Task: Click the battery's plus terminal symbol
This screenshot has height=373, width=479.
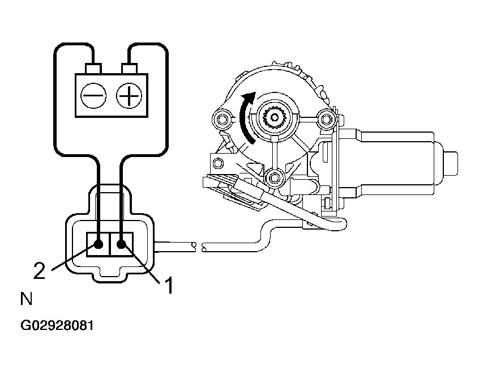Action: click(x=128, y=96)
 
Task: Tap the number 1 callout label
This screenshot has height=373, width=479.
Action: click(x=168, y=285)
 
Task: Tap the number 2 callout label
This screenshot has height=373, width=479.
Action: click(x=39, y=271)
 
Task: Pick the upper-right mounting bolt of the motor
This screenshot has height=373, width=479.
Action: click(x=325, y=119)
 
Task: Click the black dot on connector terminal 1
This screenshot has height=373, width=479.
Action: click(x=121, y=245)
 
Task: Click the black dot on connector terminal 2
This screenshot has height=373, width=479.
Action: click(x=99, y=245)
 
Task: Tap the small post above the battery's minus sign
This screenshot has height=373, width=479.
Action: click(x=92, y=69)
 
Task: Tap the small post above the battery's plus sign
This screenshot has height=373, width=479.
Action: click(x=130, y=69)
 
